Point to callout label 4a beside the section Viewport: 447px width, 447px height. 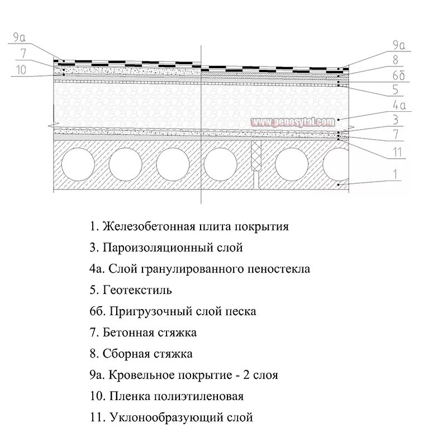(398, 104)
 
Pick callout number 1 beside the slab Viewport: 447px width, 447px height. (396, 174)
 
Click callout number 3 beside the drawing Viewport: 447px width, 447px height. (396, 120)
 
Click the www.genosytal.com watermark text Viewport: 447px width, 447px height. (292, 122)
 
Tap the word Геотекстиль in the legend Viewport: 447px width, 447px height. (137, 290)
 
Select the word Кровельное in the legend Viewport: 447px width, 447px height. (137, 375)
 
